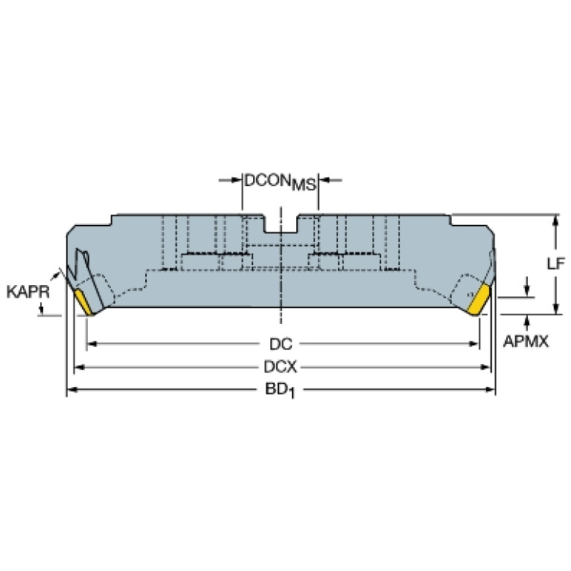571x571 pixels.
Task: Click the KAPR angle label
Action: click(28, 292)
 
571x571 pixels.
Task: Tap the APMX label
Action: click(526, 342)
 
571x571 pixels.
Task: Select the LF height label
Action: click(556, 264)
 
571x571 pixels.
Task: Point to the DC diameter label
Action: click(281, 344)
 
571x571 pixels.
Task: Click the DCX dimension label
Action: click(281, 367)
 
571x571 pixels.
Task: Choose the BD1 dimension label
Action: click(280, 390)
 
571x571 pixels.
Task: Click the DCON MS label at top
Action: click(280, 182)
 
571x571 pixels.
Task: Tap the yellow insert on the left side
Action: click(84, 302)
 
